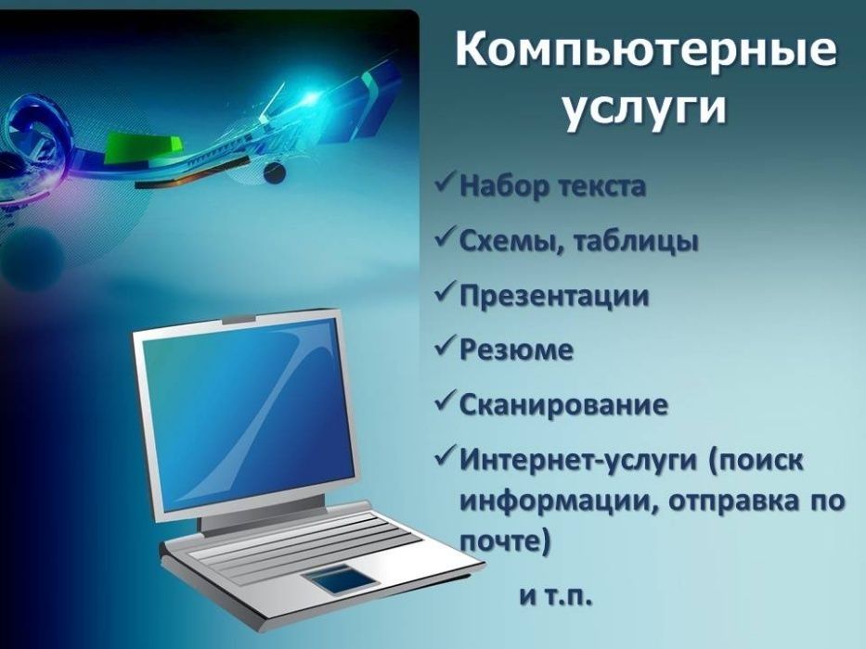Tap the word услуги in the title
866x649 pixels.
click(x=645, y=109)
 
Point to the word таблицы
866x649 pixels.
click(x=635, y=242)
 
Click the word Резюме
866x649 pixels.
click(x=516, y=350)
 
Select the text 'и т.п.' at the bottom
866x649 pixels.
click(x=556, y=596)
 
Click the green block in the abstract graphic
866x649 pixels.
click(x=144, y=148)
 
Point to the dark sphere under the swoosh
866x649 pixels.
click(x=275, y=172)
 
